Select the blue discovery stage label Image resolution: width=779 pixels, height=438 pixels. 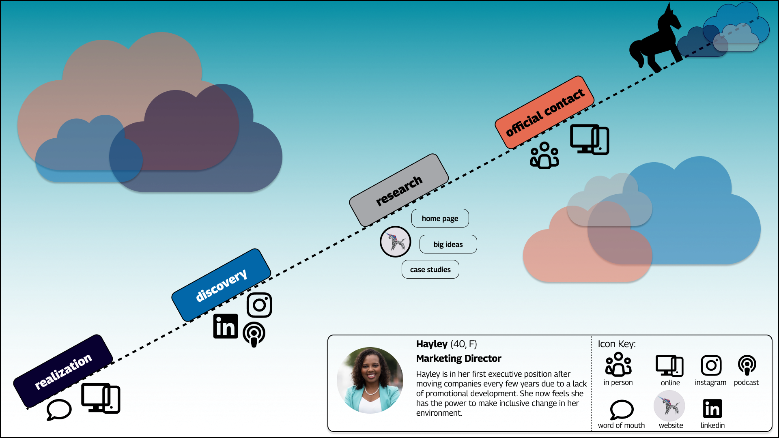[x=221, y=285]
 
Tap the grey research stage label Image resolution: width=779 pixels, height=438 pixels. [x=399, y=190]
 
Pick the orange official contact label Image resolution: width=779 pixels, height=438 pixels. [x=544, y=112]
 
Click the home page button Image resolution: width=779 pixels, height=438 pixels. [x=440, y=219]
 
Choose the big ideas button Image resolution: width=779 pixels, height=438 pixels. [x=448, y=245]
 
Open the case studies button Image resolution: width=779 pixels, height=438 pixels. [x=430, y=270]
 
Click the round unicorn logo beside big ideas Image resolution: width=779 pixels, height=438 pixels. [x=395, y=242]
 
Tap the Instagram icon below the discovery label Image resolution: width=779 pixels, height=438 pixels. [x=259, y=305]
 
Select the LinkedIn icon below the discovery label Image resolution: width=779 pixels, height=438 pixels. [x=226, y=326]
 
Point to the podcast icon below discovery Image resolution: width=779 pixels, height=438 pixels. [x=254, y=334]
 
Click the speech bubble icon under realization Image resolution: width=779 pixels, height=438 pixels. [x=59, y=410]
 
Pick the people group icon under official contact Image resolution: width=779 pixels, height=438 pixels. [x=544, y=155]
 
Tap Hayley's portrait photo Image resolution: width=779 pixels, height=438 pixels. [x=370, y=380]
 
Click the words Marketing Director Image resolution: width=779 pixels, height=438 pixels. [x=458, y=359]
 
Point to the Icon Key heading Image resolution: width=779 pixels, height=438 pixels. [x=616, y=344]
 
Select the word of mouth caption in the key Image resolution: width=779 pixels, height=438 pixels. [x=621, y=425]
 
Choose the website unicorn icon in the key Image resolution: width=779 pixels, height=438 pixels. [x=669, y=406]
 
